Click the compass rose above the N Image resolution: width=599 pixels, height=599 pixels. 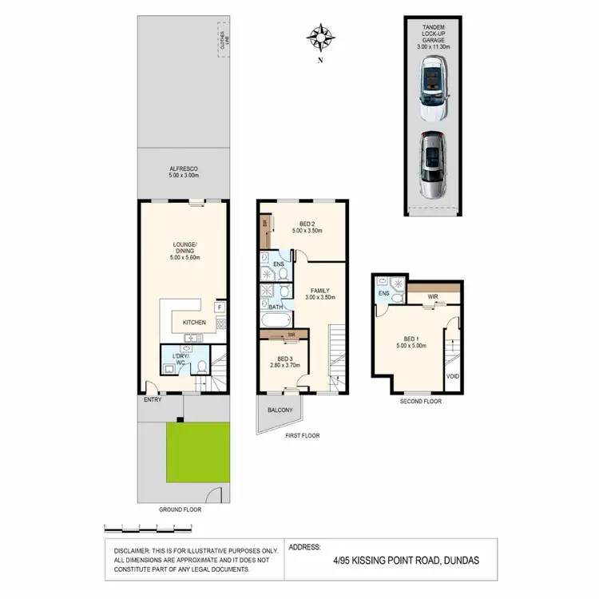tap(320, 36)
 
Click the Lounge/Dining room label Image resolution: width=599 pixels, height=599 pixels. tap(183, 252)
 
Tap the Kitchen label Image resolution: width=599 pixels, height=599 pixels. tap(194, 323)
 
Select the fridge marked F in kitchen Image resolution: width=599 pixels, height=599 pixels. tap(220, 306)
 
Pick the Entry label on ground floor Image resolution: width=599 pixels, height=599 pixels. tap(153, 399)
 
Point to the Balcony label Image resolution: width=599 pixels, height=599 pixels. tap(280, 411)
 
